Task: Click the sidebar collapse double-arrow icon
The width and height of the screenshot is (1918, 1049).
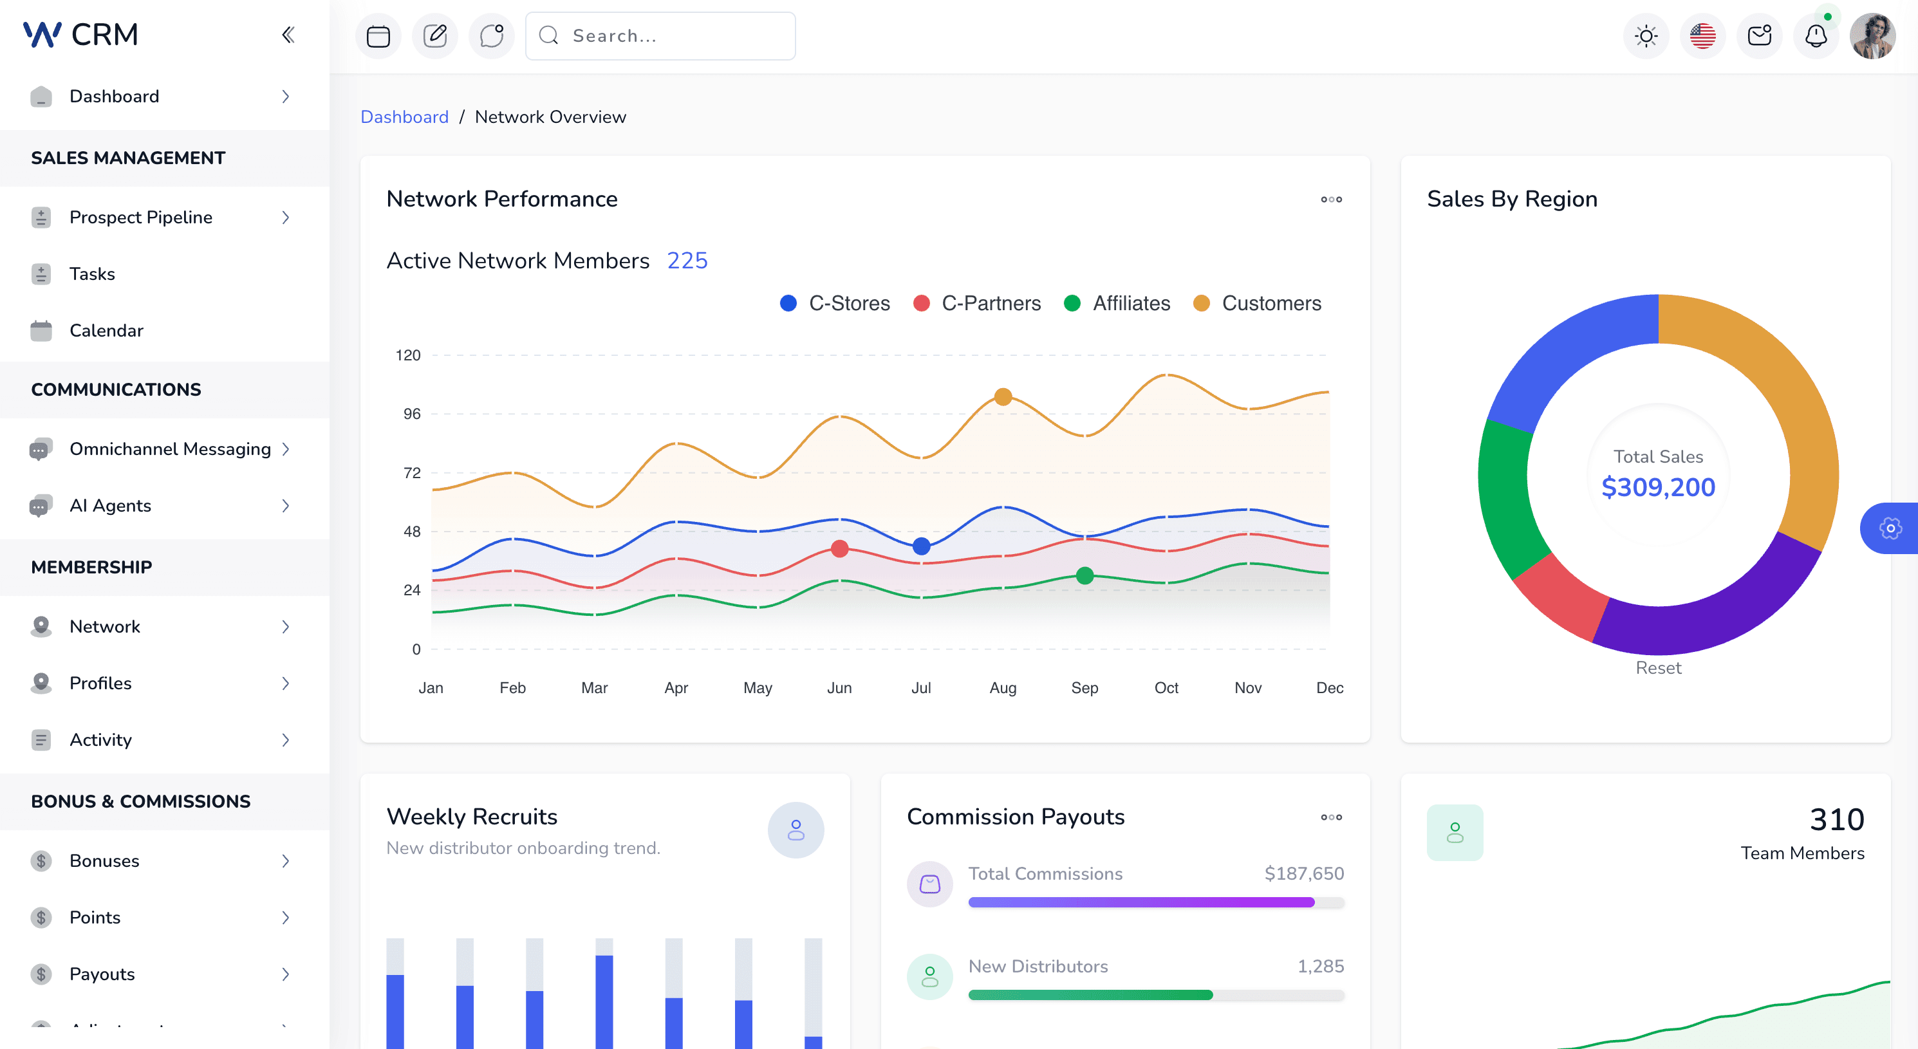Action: [288, 35]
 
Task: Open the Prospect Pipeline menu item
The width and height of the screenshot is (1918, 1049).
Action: [141, 218]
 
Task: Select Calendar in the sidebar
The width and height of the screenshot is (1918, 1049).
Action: [106, 331]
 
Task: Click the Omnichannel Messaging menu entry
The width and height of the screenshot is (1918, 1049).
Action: [170, 449]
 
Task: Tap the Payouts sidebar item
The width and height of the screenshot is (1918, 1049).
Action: [102, 974]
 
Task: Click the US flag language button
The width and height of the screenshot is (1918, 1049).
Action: [1702, 36]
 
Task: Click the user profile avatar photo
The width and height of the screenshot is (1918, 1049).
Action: [1872, 36]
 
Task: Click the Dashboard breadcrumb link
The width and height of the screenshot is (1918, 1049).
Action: [404, 117]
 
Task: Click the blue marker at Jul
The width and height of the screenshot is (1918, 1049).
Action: [921, 546]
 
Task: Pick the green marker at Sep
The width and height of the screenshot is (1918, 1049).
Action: [1085, 575]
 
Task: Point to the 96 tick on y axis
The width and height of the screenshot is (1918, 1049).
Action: [412, 414]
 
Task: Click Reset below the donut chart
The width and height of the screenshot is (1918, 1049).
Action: [1658, 668]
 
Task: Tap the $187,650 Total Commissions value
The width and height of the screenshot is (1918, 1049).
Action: [1304, 873]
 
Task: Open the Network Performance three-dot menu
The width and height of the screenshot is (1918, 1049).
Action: [1331, 200]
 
